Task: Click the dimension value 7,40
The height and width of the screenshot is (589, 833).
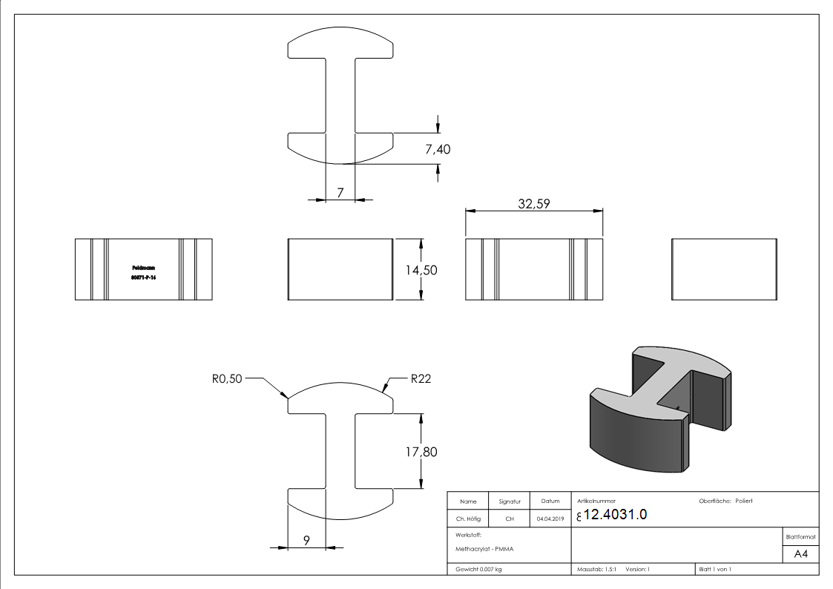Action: click(x=437, y=149)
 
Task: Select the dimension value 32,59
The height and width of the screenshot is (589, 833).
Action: click(x=533, y=204)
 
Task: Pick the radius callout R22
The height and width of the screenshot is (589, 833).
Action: click(x=421, y=378)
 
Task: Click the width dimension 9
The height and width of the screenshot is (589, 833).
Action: click(x=306, y=541)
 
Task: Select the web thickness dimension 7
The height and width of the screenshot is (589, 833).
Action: click(x=340, y=193)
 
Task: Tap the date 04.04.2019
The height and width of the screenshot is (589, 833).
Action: click(x=550, y=519)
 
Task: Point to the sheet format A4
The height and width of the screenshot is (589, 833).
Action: click(x=800, y=553)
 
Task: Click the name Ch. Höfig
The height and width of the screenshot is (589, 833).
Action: click(x=469, y=519)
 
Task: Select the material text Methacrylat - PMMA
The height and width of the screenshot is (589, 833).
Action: click(x=480, y=550)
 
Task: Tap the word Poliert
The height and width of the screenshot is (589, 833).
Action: click(x=744, y=501)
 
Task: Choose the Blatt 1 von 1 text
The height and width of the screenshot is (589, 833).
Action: click(x=714, y=569)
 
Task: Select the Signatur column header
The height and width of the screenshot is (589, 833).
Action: click(x=510, y=501)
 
